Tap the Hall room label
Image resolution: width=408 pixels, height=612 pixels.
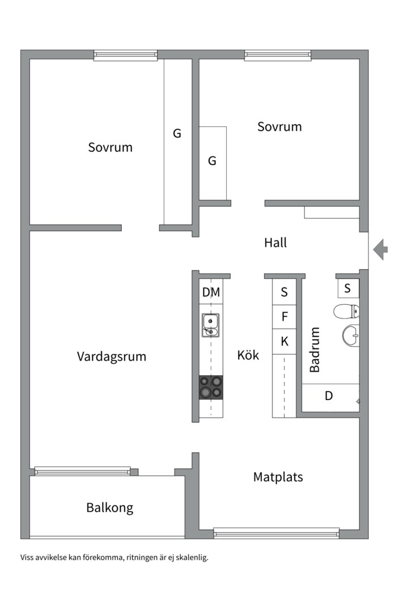pos(275,243)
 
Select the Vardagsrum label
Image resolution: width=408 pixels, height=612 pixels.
pos(112,356)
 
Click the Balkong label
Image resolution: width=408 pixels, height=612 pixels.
pos(110,507)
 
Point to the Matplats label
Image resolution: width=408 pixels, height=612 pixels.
pos(278,477)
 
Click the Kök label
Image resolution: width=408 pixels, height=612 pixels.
pos(248,355)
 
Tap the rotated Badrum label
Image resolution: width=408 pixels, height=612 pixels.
pos(314,350)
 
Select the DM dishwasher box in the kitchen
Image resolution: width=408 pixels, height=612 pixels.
pos(211,292)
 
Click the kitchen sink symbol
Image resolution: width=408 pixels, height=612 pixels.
pos(210,325)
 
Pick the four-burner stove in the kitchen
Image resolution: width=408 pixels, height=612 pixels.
pos(211,388)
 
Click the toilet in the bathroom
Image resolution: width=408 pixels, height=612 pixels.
pos(346,311)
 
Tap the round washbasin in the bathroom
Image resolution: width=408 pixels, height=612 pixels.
pos(351,335)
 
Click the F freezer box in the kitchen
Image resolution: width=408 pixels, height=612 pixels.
pos(284,317)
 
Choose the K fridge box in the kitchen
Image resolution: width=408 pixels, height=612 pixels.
pos(284,342)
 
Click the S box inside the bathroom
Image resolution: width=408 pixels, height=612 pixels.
pos(348,288)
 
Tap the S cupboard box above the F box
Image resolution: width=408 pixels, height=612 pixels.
pos(284,292)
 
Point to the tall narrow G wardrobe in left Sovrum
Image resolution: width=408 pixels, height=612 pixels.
pos(177,142)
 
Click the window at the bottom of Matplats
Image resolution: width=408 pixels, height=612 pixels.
pos(276,533)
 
